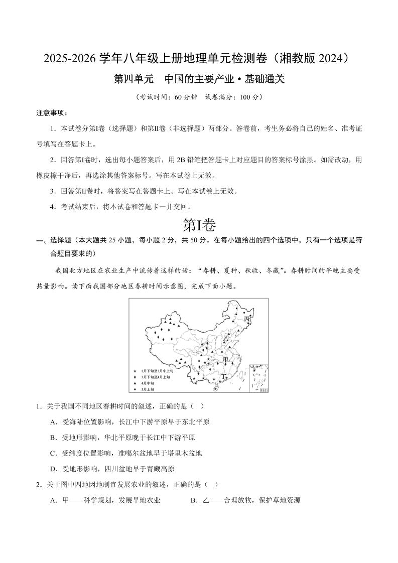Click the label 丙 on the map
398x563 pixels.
click(246, 319)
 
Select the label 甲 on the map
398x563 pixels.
click(225, 360)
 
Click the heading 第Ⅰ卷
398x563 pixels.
click(199, 225)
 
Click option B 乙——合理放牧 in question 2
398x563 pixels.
click(245, 500)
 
